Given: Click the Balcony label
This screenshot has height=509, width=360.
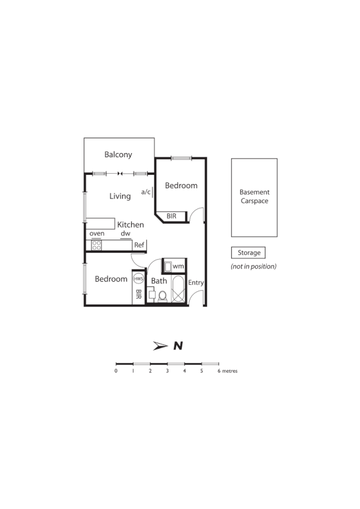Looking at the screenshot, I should tap(118, 155).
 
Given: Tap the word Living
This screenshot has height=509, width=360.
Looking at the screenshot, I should tap(120, 196).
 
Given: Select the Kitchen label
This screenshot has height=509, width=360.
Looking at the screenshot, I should tap(131, 224).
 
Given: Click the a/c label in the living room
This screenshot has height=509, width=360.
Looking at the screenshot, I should tap(146, 192).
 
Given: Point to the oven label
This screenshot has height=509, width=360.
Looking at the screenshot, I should tap(97, 233).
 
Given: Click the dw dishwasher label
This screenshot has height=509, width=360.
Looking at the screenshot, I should tap(125, 233).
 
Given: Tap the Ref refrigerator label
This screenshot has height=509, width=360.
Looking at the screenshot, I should tap(139, 245).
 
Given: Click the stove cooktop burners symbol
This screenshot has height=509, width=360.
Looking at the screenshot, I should tap(96, 245).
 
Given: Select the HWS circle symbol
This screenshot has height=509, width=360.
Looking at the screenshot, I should tap(139, 279).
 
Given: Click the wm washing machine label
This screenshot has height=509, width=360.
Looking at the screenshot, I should tap(178, 266).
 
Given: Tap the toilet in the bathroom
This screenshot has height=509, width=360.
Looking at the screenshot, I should tap(162, 296).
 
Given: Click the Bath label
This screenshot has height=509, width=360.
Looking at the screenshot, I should tap(159, 281).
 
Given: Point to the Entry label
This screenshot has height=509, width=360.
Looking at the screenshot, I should tap(196, 283).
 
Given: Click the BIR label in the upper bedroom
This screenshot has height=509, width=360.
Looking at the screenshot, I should tap(171, 216).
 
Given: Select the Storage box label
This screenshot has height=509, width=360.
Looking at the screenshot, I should tap(248, 252).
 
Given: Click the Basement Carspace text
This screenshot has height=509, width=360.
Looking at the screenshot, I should tap(254, 196).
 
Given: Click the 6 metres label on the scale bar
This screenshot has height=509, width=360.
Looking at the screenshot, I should tap(227, 371).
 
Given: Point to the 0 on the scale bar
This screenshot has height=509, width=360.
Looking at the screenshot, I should tap(116, 371).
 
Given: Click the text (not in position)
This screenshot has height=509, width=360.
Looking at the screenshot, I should tap(253, 266).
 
